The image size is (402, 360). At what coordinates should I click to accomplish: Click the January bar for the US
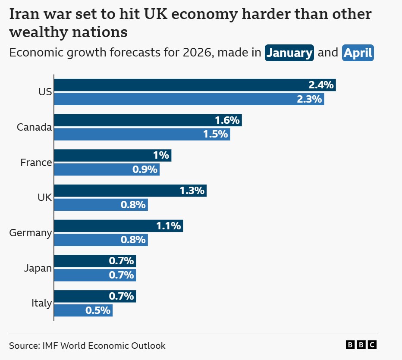195,85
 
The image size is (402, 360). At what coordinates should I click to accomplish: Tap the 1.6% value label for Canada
227,120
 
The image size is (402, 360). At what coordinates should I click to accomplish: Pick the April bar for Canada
142,134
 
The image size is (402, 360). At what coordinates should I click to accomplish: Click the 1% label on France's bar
162,156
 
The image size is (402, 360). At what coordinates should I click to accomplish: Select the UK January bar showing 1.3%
130,191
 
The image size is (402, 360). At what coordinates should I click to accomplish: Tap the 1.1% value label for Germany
169,226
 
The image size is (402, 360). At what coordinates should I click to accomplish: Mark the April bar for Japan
95,275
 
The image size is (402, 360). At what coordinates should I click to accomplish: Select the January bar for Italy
95,297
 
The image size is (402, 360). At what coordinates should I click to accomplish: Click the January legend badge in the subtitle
289,53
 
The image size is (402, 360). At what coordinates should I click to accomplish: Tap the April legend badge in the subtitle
358,53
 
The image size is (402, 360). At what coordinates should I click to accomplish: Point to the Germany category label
31,233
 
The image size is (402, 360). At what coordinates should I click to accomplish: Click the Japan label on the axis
38,268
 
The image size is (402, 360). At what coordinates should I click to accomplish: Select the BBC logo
361,345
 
